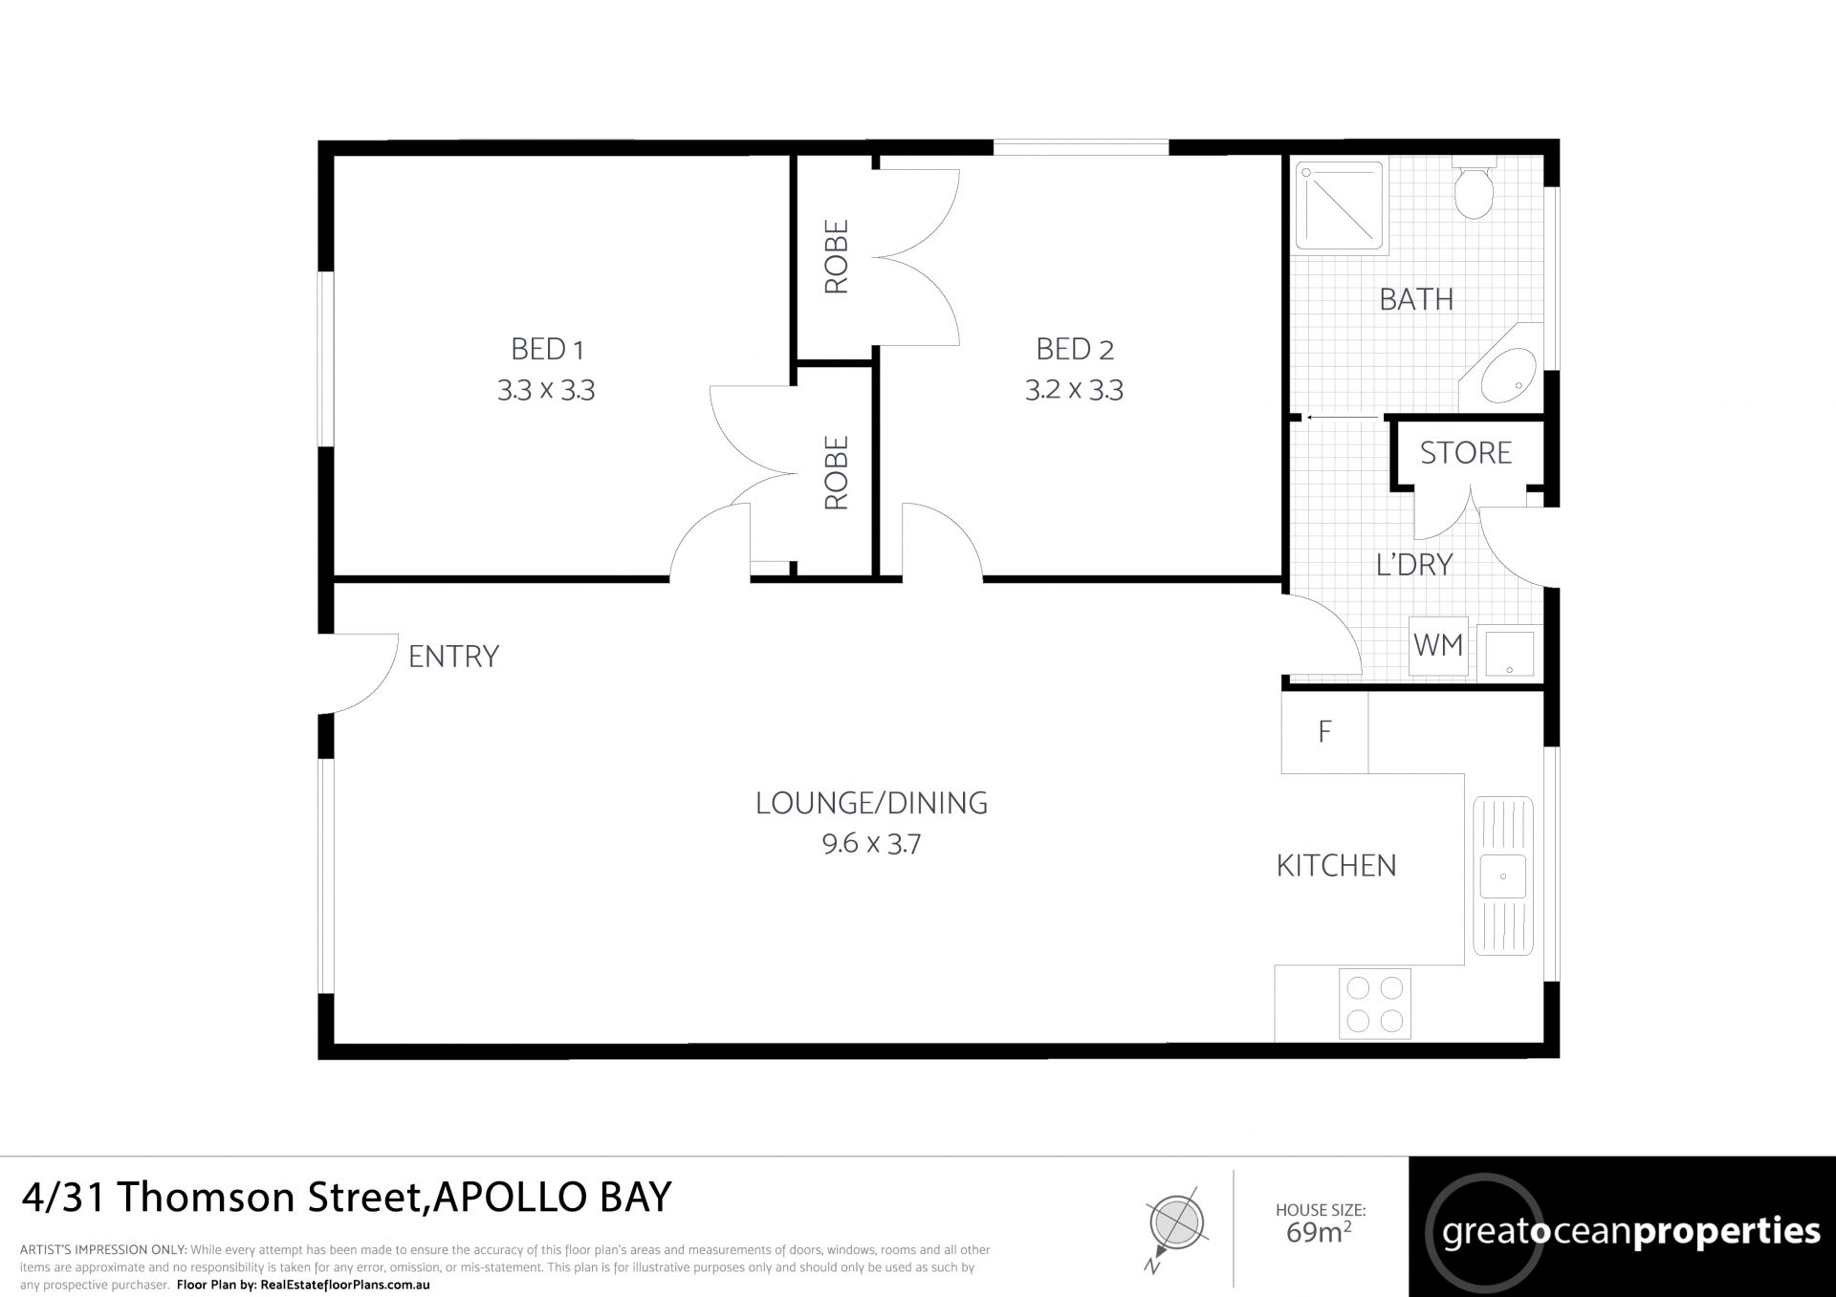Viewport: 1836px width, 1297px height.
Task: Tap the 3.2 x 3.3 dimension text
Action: pos(1074,390)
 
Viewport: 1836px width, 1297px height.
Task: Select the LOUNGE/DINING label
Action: pos(871,803)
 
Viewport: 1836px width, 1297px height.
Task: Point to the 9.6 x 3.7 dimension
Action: pos(871,844)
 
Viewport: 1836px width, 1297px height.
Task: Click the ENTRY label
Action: pos(453,657)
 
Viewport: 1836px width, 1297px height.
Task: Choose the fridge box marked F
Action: pos(1325,732)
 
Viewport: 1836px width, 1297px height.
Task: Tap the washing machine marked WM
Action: pos(1438,646)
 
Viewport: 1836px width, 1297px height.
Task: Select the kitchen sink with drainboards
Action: pos(1503,875)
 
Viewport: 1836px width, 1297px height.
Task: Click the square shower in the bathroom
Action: pos(1340,207)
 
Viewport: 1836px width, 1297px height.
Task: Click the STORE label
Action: pos(1466,453)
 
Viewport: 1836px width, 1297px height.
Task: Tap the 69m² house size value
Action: pos(1320,1232)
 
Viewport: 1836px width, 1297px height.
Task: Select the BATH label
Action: pos(1416,300)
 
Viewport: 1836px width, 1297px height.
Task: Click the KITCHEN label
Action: pos(1337,866)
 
